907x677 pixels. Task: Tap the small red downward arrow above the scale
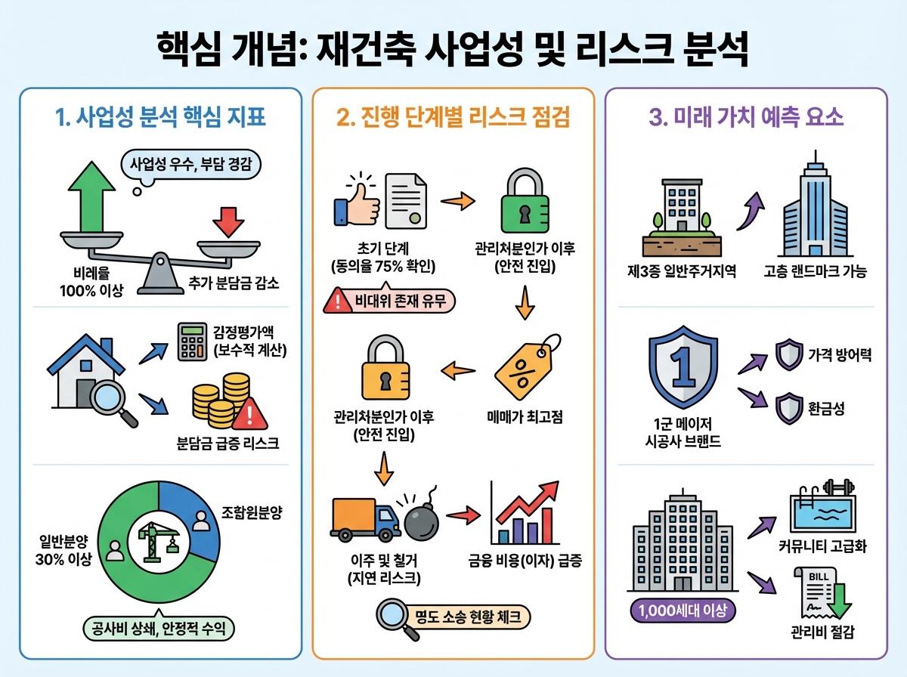click(x=227, y=222)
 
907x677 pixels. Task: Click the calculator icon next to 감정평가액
click(x=192, y=341)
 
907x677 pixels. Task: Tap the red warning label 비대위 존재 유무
click(x=388, y=302)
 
